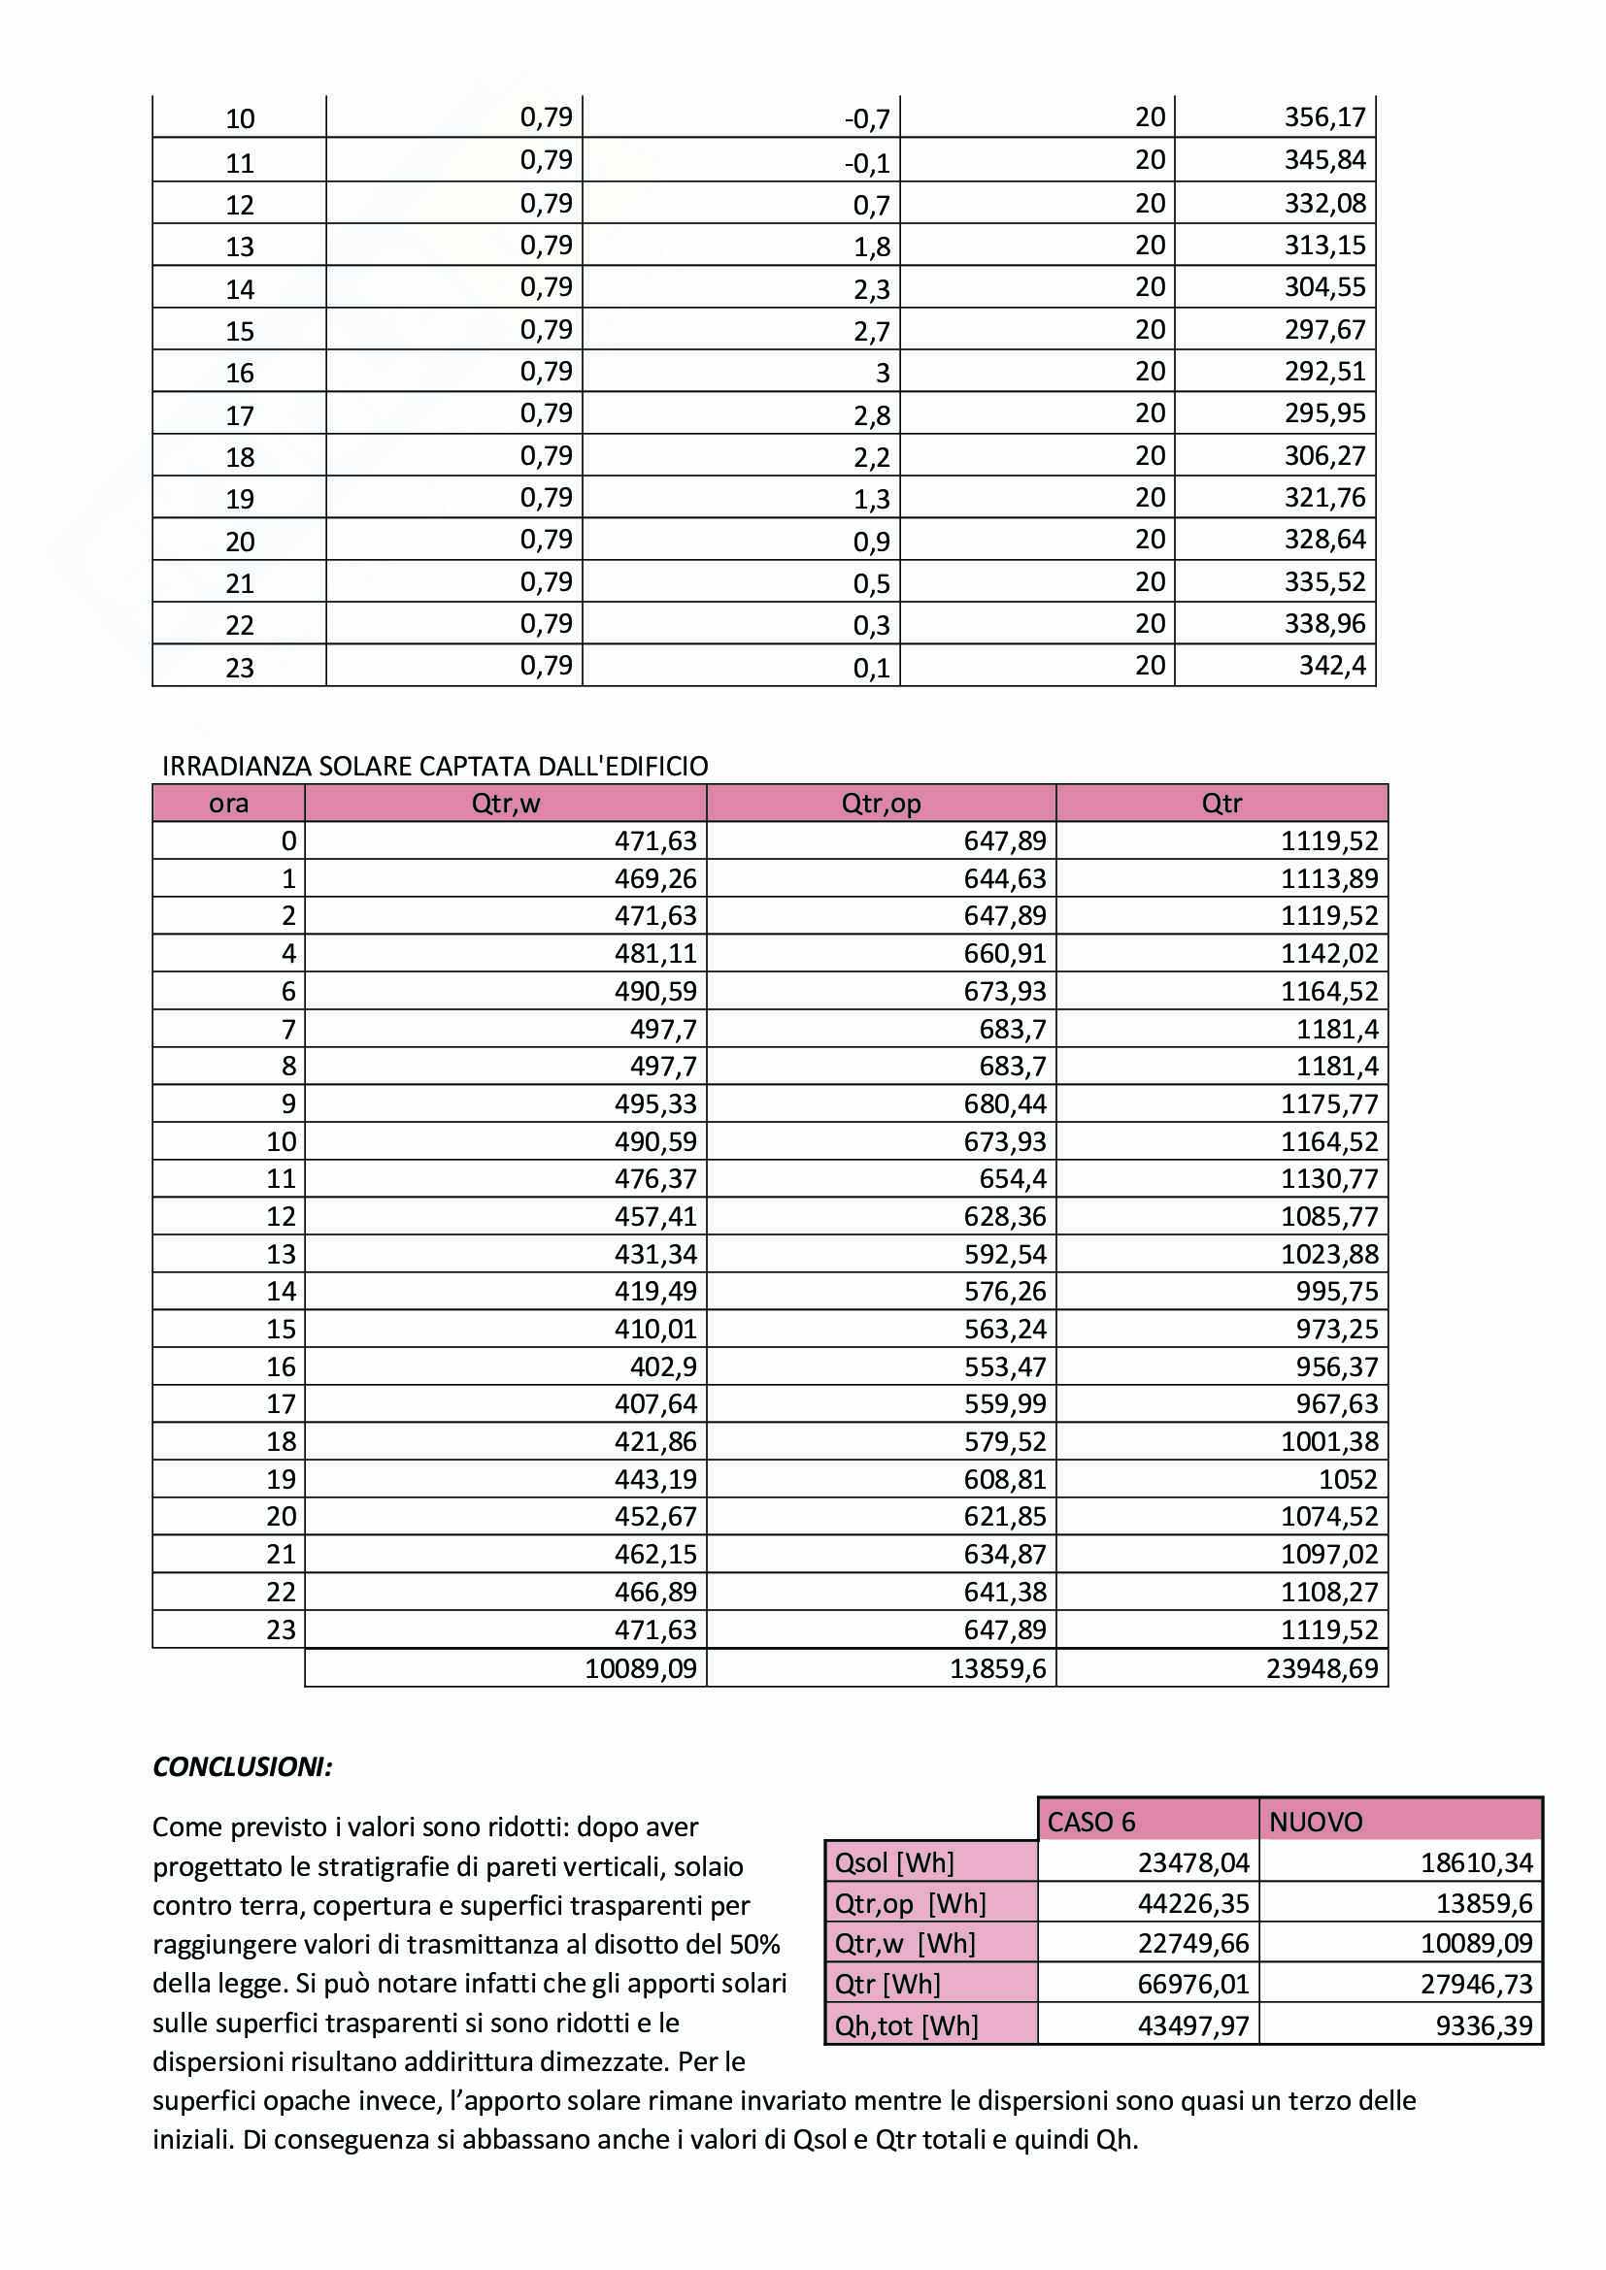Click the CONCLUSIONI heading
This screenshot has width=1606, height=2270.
click(243, 1767)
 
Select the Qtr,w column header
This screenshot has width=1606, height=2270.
click(505, 803)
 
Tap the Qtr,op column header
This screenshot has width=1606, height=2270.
click(880, 803)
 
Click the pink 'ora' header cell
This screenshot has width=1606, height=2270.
click(228, 803)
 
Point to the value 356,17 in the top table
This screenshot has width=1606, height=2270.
click(1324, 117)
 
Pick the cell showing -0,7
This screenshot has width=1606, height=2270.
click(867, 119)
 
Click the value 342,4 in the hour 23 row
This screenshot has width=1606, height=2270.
click(1332, 666)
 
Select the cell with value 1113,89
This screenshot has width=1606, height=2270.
click(1329, 878)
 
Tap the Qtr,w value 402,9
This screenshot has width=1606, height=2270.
click(663, 1366)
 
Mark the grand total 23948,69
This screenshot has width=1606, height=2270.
click(1322, 1669)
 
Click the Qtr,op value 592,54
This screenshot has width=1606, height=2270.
click(1005, 1254)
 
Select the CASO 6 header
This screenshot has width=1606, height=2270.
click(1090, 1821)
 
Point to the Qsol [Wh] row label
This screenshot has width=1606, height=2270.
click(894, 1862)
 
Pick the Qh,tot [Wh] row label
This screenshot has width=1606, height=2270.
click(906, 2025)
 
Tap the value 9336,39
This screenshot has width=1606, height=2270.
click(1484, 2025)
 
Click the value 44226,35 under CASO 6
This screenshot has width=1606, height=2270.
click(1193, 1903)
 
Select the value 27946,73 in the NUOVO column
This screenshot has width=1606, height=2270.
click(1476, 1985)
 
